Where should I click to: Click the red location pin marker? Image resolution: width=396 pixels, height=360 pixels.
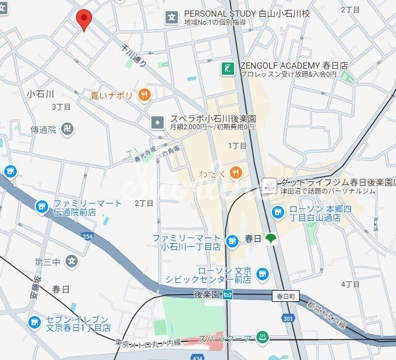click(x=84, y=20)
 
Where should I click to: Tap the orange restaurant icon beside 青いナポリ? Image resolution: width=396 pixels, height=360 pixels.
click(x=145, y=95)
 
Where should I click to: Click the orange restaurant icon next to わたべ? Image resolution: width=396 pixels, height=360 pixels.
click(x=235, y=171)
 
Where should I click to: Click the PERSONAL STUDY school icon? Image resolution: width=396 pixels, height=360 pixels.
click(x=171, y=17)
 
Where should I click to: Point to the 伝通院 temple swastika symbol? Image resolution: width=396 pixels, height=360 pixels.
click(x=69, y=130)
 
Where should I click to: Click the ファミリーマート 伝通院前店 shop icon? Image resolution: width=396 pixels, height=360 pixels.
click(x=42, y=207)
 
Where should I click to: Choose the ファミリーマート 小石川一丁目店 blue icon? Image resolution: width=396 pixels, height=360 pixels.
click(x=232, y=241)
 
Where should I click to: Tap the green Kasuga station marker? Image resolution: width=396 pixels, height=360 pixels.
click(x=270, y=239)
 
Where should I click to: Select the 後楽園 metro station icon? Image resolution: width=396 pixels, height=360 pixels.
click(x=229, y=294)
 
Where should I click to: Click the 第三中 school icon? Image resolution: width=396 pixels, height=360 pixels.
click(x=72, y=262)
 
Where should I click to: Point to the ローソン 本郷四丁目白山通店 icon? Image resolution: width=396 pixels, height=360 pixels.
click(x=278, y=213)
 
